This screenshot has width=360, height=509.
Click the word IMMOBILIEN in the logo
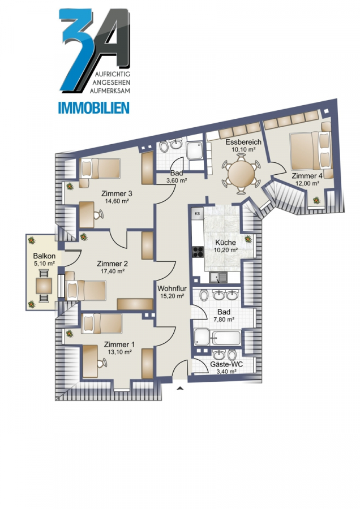(93, 108)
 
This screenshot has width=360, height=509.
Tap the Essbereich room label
(243, 142)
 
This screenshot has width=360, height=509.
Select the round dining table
(241, 174)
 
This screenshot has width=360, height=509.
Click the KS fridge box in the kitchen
(197, 213)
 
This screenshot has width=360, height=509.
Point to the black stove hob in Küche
(198, 252)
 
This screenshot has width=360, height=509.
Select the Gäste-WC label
(226, 364)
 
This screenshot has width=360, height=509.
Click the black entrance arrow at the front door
(181, 387)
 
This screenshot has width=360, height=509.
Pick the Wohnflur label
(172, 288)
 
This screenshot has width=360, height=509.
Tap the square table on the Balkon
(43, 286)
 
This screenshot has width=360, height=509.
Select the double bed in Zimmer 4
(311, 151)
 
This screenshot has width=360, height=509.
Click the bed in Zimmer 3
(100, 169)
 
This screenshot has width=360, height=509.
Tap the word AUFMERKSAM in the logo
(110, 91)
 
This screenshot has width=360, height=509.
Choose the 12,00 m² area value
(307, 183)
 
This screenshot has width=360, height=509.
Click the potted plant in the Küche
(248, 239)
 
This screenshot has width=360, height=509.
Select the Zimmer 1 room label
(119, 344)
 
